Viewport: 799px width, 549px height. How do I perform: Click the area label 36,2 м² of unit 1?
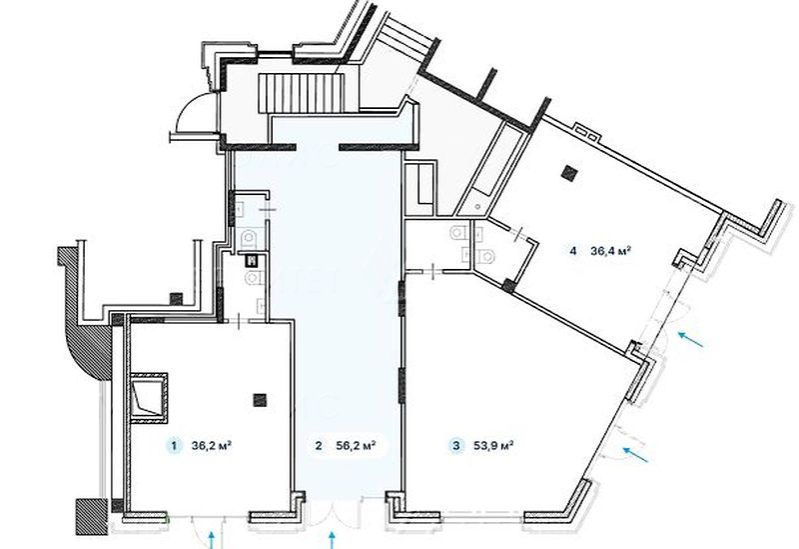tap(212, 445)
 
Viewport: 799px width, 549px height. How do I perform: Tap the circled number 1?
tap(175, 446)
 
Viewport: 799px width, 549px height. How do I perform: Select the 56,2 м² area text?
tap(357, 445)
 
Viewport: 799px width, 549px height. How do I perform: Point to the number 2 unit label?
tap(319, 446)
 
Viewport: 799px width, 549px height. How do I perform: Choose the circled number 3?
tap(456, 446)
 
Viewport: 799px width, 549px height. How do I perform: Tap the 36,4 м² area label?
tap(611, 251)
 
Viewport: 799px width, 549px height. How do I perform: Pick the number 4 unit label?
tap(573, 251)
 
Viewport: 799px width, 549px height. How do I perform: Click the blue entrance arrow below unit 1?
tap(212, 539)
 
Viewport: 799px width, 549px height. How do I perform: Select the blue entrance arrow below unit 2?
tap(332, 539)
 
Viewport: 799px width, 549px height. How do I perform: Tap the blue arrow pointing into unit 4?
tap(690, 339)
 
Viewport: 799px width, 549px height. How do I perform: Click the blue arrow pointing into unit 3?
tap(636, 455)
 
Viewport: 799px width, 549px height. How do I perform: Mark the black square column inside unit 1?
tap(260, 400)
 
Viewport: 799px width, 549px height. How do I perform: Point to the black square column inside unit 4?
tap(568, 173)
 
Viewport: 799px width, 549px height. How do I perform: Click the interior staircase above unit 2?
tap(301, 93)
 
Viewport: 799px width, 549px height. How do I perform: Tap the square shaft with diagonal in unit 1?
tap(148, 399)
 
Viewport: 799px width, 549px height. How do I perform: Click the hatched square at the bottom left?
tap(92, 517)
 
